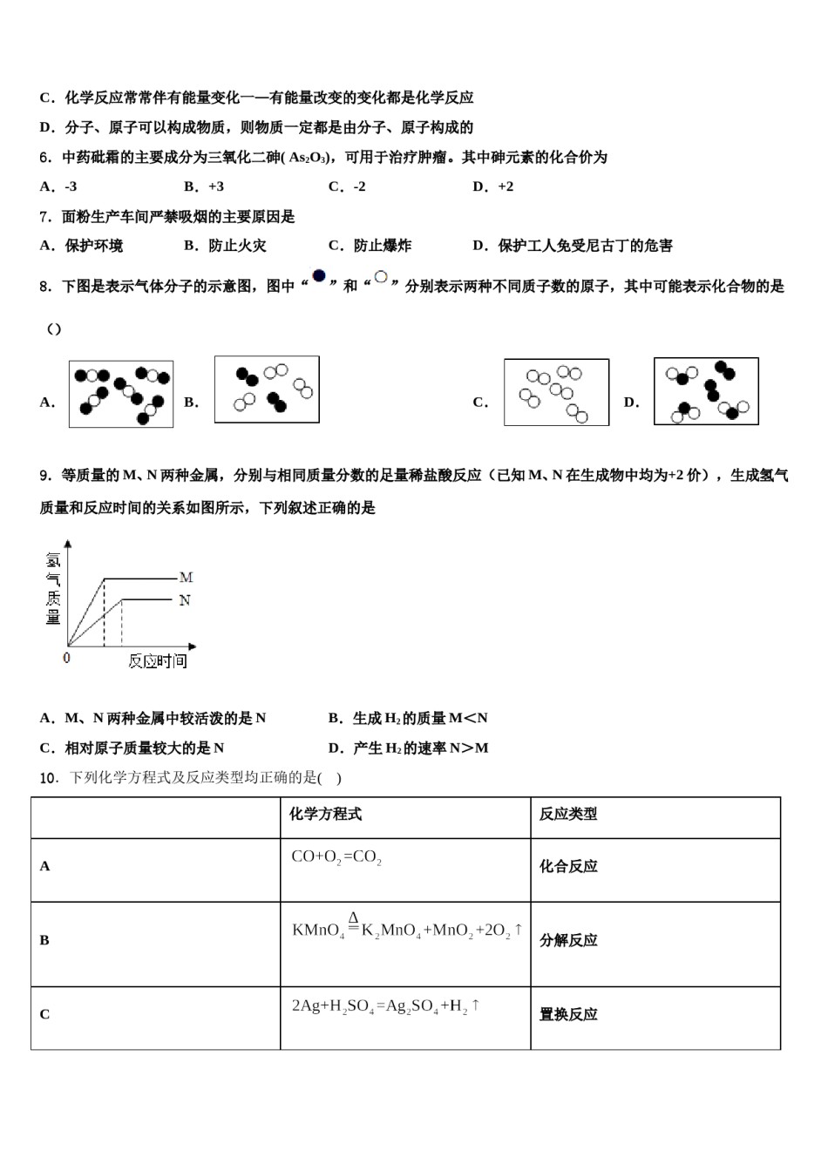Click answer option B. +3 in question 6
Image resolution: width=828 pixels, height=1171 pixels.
tap(204, 186)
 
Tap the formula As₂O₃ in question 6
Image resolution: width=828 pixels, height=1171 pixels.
tap(309, 158)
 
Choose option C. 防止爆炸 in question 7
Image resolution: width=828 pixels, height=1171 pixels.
tap(370, 246)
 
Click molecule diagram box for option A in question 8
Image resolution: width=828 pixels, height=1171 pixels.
tap(121, 394)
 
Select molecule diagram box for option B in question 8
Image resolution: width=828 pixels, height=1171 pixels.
tap(267, 389)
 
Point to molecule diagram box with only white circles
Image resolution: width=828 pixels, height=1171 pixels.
tap(556, 392)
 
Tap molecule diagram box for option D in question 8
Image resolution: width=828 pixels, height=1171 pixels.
tap(706, 392)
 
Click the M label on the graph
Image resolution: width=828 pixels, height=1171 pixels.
tap(186, 577)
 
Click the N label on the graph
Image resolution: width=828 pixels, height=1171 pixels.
tap(185, 600)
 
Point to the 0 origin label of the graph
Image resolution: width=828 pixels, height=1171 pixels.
tap(67, 659)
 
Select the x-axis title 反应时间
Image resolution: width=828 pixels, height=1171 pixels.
tap(158, 661)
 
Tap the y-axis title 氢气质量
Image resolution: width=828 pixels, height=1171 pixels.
tap(53, 588)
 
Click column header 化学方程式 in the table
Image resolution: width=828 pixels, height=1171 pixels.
tap(325, 814)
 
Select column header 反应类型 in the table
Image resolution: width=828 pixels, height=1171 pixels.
tap(568, 814)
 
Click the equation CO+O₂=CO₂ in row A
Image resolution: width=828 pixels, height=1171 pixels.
tap(336, 857)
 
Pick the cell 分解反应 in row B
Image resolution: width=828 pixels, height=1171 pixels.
tap(568, 940)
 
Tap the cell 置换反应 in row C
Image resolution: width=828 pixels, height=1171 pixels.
tap(568, 1014)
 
